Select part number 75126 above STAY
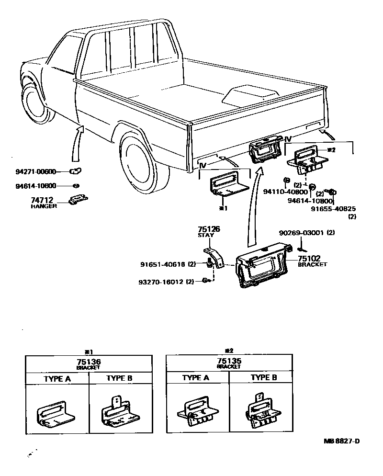(209, 229)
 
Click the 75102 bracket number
(309, 259)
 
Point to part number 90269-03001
(303, 233)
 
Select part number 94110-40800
(285, 192)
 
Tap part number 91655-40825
(333, 209)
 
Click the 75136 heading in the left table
(89, 362)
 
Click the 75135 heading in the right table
(229, 362)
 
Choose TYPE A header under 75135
(196, 378)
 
